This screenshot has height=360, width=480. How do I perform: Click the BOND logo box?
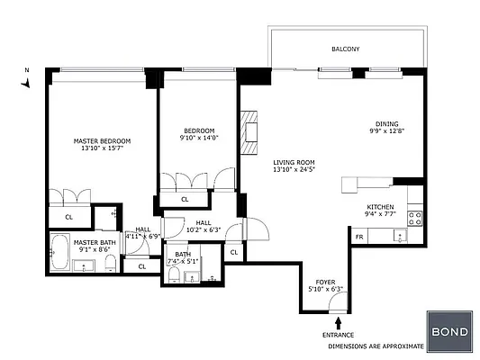click(x=448, y=331)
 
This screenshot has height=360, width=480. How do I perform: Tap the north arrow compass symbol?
click(x=28, y=80)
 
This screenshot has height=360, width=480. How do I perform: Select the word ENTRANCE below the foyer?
click(x=338, y=336)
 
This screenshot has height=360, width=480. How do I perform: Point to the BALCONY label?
click(x=345, y=49)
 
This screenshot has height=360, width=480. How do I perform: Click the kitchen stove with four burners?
click(x=416, y=217)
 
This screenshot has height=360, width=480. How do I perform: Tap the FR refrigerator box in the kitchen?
click(x=359, y=237)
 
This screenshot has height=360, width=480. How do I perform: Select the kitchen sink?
click(x=399, y=236)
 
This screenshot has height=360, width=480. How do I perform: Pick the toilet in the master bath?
click(x=110, y=262)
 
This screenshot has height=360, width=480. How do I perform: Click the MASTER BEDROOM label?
click(x=102, y=141)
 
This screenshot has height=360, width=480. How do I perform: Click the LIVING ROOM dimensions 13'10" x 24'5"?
click(x=298, y=169)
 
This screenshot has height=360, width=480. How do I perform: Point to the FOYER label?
click(x=325, y=281)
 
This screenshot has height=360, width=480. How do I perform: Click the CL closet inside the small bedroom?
click(x=185, y=199)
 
